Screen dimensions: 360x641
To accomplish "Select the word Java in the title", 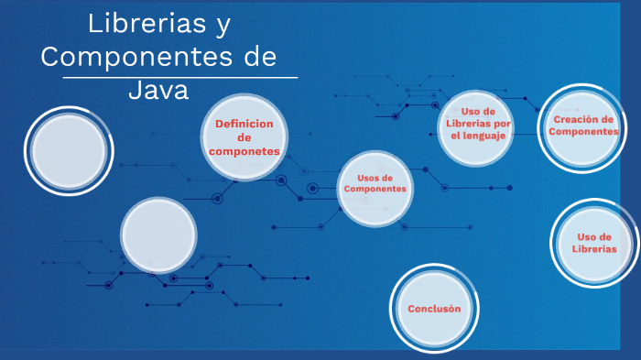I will tap(158, 90).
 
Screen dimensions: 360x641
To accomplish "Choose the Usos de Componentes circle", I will tap(375, 188).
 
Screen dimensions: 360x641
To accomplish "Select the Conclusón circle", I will tap(434, 309).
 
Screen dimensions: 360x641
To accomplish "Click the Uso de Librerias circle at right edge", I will tap(594, 244).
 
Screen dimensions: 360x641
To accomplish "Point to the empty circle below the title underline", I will tap(68, 151).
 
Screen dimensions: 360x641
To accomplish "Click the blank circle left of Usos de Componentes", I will tap(159, 235).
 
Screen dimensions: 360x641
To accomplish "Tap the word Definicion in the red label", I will tap(244, 124).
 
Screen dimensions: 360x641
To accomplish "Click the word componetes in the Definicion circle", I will tap(244, 151).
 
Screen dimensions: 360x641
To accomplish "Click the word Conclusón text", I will tap(434, 309).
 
